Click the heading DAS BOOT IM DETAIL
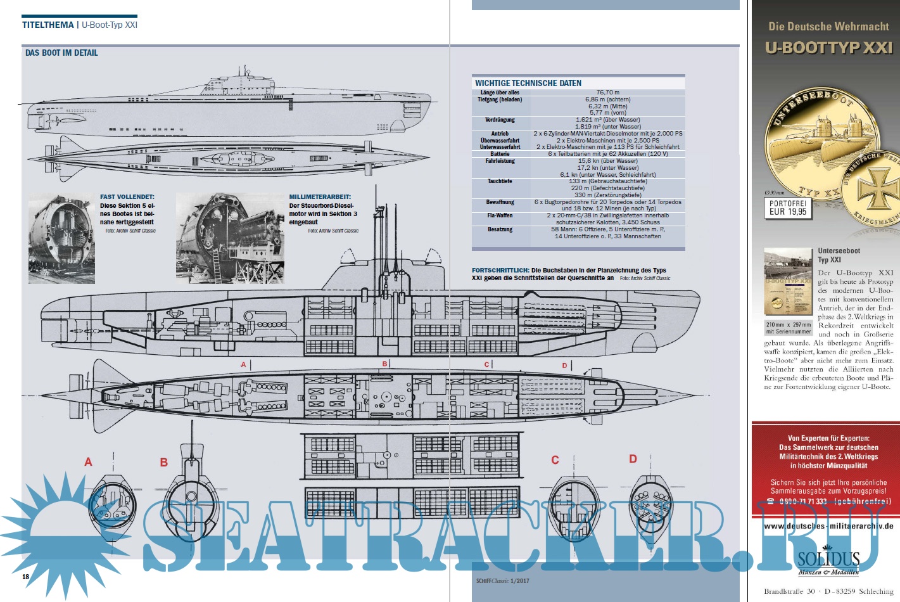(61, 53)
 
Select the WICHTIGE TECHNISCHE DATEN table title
(528, 83)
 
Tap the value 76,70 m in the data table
(608, 93)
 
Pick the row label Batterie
(500, 154)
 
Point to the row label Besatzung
(500, 229)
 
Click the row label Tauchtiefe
(500, 181)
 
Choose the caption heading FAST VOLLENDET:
(127, 197)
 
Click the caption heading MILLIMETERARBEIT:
(320, 197)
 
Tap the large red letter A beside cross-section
(88, 462)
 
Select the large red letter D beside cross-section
(633, 459)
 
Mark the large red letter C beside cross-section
(555, 460)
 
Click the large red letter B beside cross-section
(163, 463)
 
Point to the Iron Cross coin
(878, 189)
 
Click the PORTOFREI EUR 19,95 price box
(788, 208)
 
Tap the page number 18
(26, 577)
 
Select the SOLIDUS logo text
(828, 559)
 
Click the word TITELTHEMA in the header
(48, 25)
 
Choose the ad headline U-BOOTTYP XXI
(828, 48)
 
